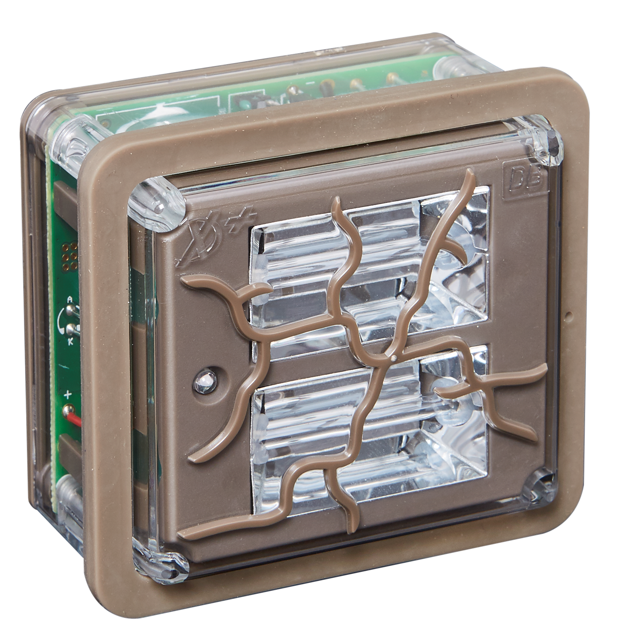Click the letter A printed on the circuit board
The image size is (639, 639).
[70, 299]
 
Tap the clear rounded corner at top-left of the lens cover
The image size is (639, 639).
[157, 203]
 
